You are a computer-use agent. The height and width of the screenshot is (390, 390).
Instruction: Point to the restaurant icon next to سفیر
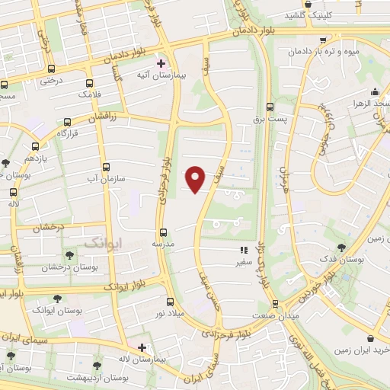point(244,249)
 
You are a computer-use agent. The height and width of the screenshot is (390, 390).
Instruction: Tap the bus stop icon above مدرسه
point(162,232)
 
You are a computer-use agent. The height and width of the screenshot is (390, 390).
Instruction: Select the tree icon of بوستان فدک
point(340,247)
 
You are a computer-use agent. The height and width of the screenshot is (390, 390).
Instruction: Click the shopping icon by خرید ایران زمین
point(370,337)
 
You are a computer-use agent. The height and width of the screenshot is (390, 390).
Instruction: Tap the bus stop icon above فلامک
point(91,82)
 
